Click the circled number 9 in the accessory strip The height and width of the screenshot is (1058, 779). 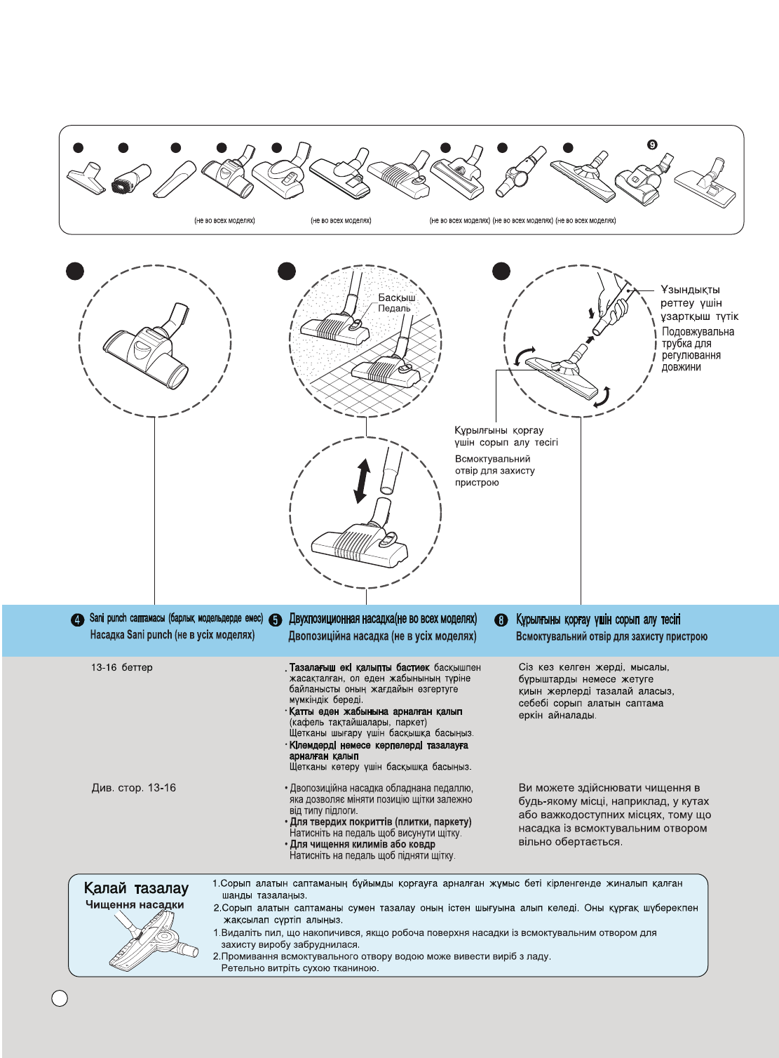pyautogui.click(x=652, y=145)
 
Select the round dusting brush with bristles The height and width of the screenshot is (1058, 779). pyautogui.click(x=131, y=179)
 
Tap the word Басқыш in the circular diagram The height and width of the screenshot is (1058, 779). pyautogui.click(x=397, y=297)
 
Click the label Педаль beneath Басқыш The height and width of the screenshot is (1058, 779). pyautogui.click(x=394, y=309)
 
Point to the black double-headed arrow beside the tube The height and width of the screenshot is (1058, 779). pyautogui.click(x=362, y=481)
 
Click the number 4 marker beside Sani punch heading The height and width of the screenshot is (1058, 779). pyautogui.click(x=78, y=620)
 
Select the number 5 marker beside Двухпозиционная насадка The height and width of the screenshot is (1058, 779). pyautogui.click(x=276, y=620)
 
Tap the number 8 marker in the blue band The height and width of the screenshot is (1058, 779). pyautogui.click(x=501, y=620)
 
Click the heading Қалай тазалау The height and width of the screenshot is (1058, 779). pyautogui.click(x=136, y=888)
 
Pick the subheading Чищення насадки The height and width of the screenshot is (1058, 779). pyautogui.click(x=135, y=905)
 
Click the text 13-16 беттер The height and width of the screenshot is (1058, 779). pyautogui.click(x=121, y=667)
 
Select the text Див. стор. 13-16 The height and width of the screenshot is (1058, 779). pyautogui.click(x=134, y=788)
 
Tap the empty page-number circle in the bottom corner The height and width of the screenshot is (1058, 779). pyautogui.click(x=60, y=998)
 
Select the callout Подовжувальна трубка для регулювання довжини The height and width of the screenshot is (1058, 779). pyautogui.click(x=698, y=349)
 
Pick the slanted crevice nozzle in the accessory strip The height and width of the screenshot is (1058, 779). pyautogui.click(x=175, y=180)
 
